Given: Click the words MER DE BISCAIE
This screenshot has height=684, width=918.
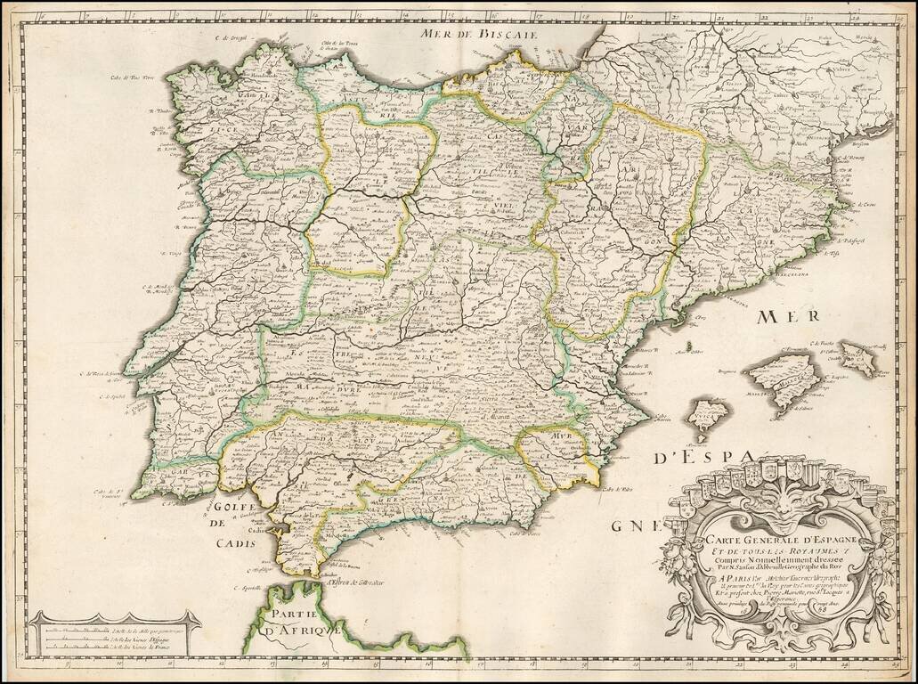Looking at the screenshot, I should click(x=477, y=34).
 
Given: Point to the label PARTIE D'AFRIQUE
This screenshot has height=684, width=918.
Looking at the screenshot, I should click(x=296, y=622).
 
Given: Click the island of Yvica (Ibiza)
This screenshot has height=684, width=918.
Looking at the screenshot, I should click(x=709, y=416).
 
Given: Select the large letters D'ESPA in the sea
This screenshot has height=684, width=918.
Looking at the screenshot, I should click(x=703, y=459).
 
